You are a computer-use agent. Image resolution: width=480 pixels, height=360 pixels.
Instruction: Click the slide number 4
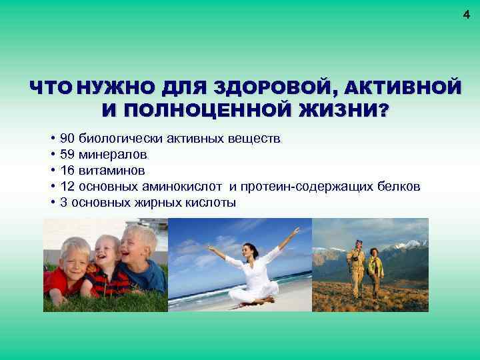[467, 15]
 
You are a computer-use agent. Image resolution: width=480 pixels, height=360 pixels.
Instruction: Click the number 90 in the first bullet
[67, 139]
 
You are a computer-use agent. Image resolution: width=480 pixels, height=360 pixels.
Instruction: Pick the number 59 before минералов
[67, 155]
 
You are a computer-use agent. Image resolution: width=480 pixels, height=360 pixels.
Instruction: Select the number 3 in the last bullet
[63, 203]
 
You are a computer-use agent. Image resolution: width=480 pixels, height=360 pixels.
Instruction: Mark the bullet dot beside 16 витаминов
[52, 171]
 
